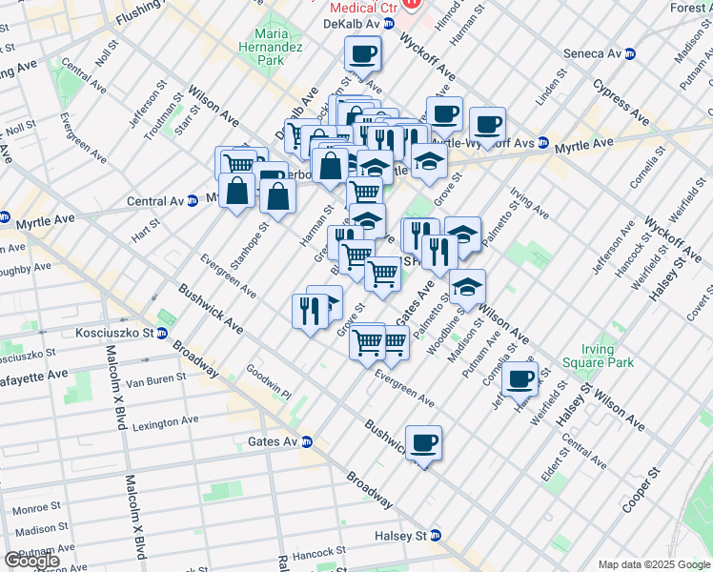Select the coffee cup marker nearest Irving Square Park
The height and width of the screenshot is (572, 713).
520,378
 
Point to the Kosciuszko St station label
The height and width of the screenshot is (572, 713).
114,334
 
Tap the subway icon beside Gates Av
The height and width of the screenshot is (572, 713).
307,441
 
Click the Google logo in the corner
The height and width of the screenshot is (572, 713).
31,561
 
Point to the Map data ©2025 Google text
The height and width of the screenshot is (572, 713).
653,564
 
